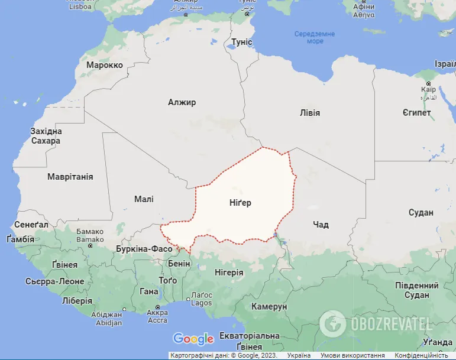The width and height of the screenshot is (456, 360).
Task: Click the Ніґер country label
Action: pos(240,203)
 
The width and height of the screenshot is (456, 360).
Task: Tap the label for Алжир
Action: pos(182,102)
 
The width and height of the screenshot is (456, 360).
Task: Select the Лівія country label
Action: pos(310,112)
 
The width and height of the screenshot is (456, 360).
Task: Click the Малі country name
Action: pos(144,199)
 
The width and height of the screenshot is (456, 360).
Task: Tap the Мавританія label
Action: pos(70,176)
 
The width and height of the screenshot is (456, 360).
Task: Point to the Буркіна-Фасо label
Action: pos(144,249)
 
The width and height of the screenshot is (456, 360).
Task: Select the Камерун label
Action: pos(269,307)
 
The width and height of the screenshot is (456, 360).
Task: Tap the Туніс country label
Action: pos(241,42)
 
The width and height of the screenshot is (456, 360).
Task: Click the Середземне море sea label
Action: pos(315,37)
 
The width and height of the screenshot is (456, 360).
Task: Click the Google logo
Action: pos(193,339)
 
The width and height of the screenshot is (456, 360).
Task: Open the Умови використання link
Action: pos(348,356)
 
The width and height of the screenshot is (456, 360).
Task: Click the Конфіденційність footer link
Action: pos(421,356)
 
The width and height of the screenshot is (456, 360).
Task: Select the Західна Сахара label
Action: pos(46,136)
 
